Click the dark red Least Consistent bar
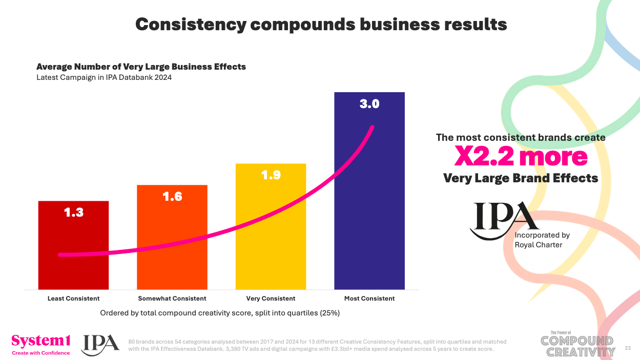point(73,245)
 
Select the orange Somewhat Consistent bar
point(172,237)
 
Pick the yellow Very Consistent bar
point(271,226)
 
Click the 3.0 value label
point(369,104)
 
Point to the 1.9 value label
point(271,175)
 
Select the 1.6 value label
point(172,196)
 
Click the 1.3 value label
point(73,212)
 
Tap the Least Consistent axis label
point(73,299)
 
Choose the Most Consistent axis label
point(369,299)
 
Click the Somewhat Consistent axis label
point(172,299)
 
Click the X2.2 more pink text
point(521,157)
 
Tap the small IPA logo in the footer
point(100,344)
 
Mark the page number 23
point(628,348)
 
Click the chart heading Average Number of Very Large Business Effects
point(141,67)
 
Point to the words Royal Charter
point(538,245)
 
